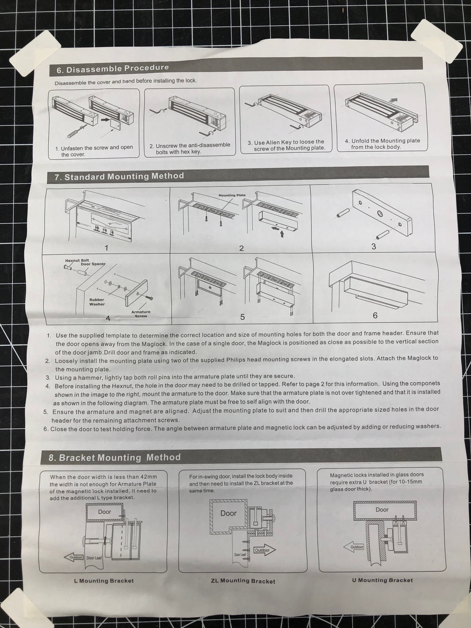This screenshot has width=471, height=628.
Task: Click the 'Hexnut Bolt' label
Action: [x=77, y=260]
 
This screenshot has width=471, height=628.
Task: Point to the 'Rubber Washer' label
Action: [x=97, y=302]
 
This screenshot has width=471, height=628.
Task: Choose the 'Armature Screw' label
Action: [x=141, y=314]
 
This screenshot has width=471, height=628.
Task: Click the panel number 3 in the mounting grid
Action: [x=374, y=246]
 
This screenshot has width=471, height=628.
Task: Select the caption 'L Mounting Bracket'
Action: [x=104, y=581]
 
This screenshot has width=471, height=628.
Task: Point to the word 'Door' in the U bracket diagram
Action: [x=382, y=510]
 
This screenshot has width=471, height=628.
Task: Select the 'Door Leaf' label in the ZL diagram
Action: [x=240, y=554]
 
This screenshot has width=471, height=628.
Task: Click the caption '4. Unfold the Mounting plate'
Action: [x=382, y=141]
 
